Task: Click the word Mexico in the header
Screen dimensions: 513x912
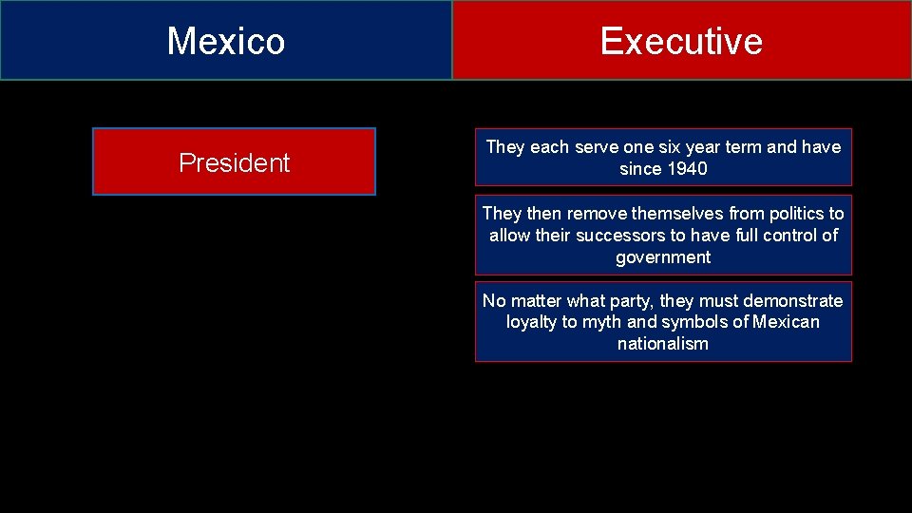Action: click(226, 41)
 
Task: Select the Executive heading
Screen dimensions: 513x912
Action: click(681, 41)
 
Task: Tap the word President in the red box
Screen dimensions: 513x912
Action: click(234, 162)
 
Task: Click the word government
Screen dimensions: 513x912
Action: click(663, 257)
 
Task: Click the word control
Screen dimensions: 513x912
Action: click(788, 236)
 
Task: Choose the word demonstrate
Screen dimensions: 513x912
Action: click(791, 301)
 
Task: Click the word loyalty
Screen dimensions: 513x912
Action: click(532, 322)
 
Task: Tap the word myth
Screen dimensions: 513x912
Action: click(601, 322)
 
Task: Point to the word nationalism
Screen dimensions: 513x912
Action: click(663, 344)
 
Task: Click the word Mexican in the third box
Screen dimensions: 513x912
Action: click(786, 322)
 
